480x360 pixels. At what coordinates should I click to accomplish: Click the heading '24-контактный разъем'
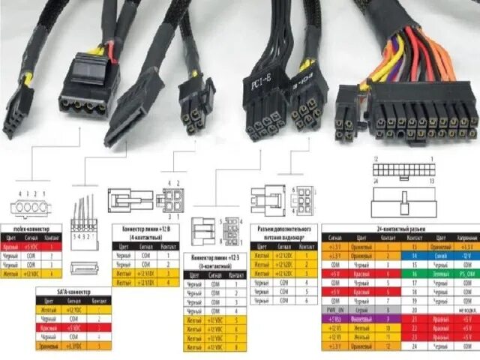[398, 227]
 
